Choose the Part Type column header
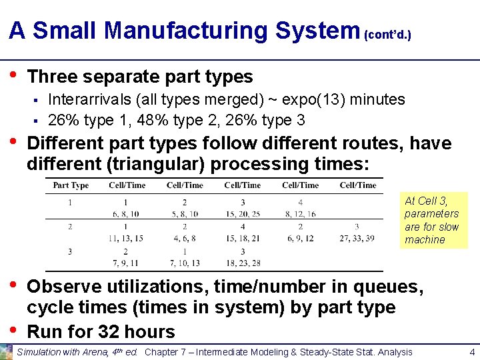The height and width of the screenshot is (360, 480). click(x=71, y=185)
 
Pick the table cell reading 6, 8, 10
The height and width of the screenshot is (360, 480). click(x=125, y=214)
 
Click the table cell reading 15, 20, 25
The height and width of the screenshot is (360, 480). click(x=242, y=214)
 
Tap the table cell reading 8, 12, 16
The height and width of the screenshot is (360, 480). click(x=300, y=214)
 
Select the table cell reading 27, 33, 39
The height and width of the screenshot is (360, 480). click(x=357, y=239)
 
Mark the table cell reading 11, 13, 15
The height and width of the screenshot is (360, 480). click(x=125, y=239)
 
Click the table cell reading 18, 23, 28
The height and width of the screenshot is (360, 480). click(x=242, y=263)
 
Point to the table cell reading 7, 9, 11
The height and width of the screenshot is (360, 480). click(x=125, y=263)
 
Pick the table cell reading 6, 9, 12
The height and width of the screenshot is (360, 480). click(x=300, y=239)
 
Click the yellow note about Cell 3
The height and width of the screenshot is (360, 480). click(x=432, y=220)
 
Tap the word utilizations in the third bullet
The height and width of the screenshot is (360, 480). click(x=147, y=287)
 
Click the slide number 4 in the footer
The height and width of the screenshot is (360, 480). click(x=471, y=352)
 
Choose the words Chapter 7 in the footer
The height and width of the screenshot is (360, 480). click(x=163, y=352)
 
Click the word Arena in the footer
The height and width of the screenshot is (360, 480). click(x=79, y=352)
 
